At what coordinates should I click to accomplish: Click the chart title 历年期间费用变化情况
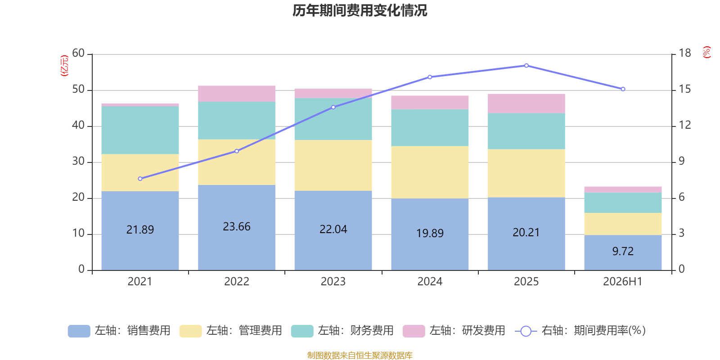pos(360,11)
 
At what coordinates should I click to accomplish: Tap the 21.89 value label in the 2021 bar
pos(140,229)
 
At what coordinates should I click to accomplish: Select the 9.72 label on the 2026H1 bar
pos(623,251)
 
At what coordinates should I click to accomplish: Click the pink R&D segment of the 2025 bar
pos(526,103)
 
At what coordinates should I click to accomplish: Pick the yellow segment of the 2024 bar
pos(430,172)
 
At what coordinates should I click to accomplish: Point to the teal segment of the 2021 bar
pos(140,130)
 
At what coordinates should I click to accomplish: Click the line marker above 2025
pos(526,66)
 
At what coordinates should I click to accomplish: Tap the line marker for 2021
pos(140,179)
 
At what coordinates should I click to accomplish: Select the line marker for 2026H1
pos(623,89)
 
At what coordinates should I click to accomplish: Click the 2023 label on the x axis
pos(333,282)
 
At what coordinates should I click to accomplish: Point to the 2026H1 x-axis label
pos(623,282)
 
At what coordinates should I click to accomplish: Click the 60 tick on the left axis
pos(78,53)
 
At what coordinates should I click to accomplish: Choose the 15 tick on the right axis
pos(684,89)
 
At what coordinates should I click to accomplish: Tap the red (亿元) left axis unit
pos(64,66)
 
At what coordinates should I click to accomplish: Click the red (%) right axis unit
pos(706,52)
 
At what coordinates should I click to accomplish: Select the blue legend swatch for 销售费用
pos(79,331)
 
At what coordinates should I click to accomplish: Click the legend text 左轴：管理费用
pos(244,330)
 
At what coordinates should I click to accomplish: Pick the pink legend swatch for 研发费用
pos(414,331)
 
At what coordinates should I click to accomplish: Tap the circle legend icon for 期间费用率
pos(526,331)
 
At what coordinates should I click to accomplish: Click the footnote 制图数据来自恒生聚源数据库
pos(360,355)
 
